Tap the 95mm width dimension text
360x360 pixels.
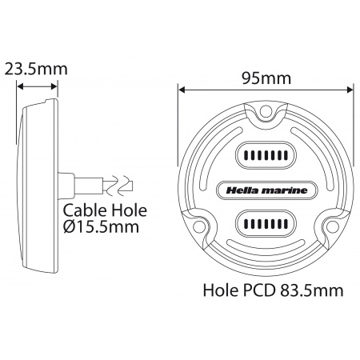pyautogui.click(x=266, y=78)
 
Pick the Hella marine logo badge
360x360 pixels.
pyautogui.click(x=266, y=189)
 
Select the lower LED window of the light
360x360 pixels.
pyautogui.click(x=266, y=222)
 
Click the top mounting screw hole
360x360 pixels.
pyautogui.click(x=271, y=113)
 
